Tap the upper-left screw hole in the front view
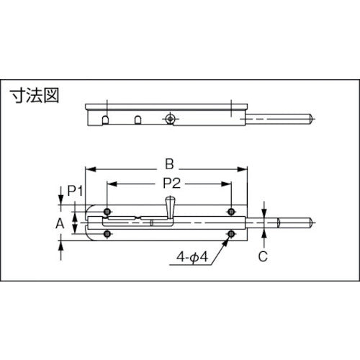click(x=108, y=212)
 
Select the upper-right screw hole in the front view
click(x=230, y=212)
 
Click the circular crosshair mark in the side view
click(x=170, y=117)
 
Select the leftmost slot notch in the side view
click(x=107, y=119)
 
